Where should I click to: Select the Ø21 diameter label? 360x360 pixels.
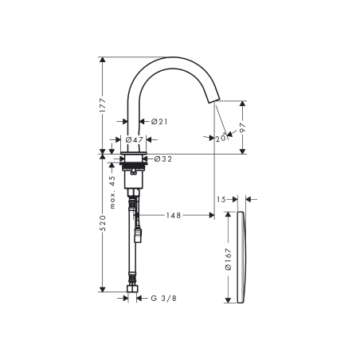(x=158, y=122)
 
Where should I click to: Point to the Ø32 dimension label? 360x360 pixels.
(x=162, y=158)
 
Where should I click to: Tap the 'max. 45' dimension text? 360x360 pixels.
(x=113, y=192)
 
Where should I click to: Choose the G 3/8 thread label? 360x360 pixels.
(x=163, y=299)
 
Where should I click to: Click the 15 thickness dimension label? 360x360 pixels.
(x=224, y=199)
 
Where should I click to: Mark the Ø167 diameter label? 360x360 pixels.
(x=227, y=259)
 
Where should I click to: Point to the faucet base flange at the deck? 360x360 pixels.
(x=134, y=150)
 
